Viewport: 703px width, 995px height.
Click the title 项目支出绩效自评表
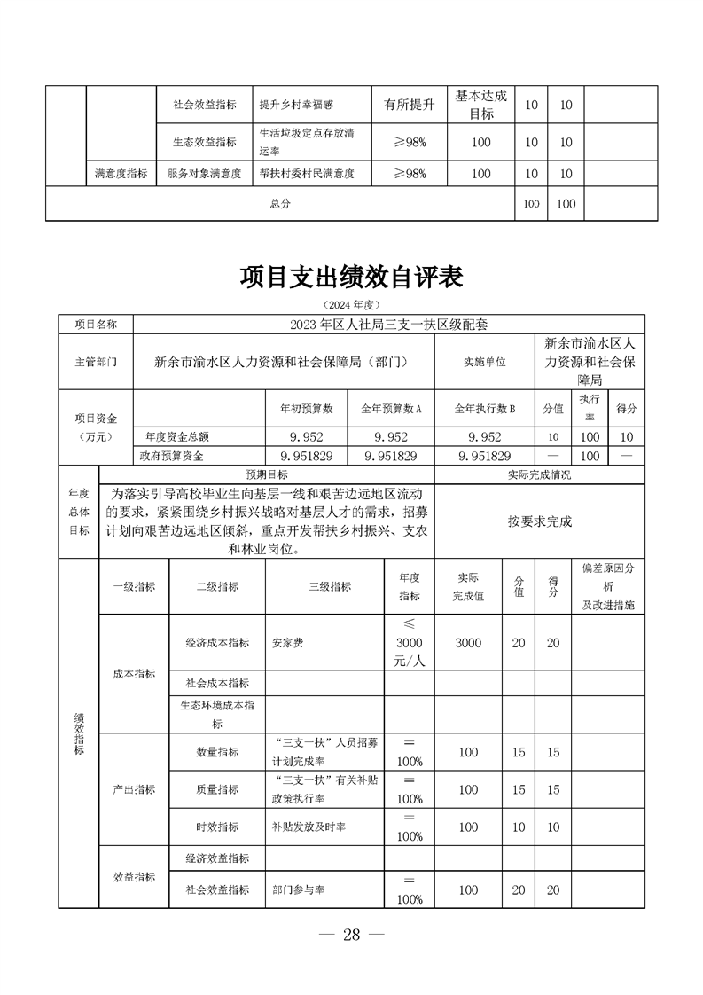click(351, 278)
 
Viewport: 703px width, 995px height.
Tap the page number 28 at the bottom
click(351, 935)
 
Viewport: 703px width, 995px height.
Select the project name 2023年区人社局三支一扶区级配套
click(388, 325)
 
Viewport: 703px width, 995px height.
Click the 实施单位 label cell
click(484, 362)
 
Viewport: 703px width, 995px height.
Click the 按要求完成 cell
click(540, 521)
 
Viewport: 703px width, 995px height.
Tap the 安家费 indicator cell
click(287, 643)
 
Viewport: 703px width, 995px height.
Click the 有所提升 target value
click(409, 106)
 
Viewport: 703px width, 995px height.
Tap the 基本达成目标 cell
click(480, 106)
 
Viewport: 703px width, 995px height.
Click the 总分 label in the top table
click(280, 204)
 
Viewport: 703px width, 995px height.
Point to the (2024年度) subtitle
click(351, 304)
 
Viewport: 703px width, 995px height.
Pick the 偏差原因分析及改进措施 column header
click(607, 586)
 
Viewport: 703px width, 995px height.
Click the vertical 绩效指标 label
click(79, 734)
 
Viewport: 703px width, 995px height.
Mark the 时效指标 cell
click(217, 827)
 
